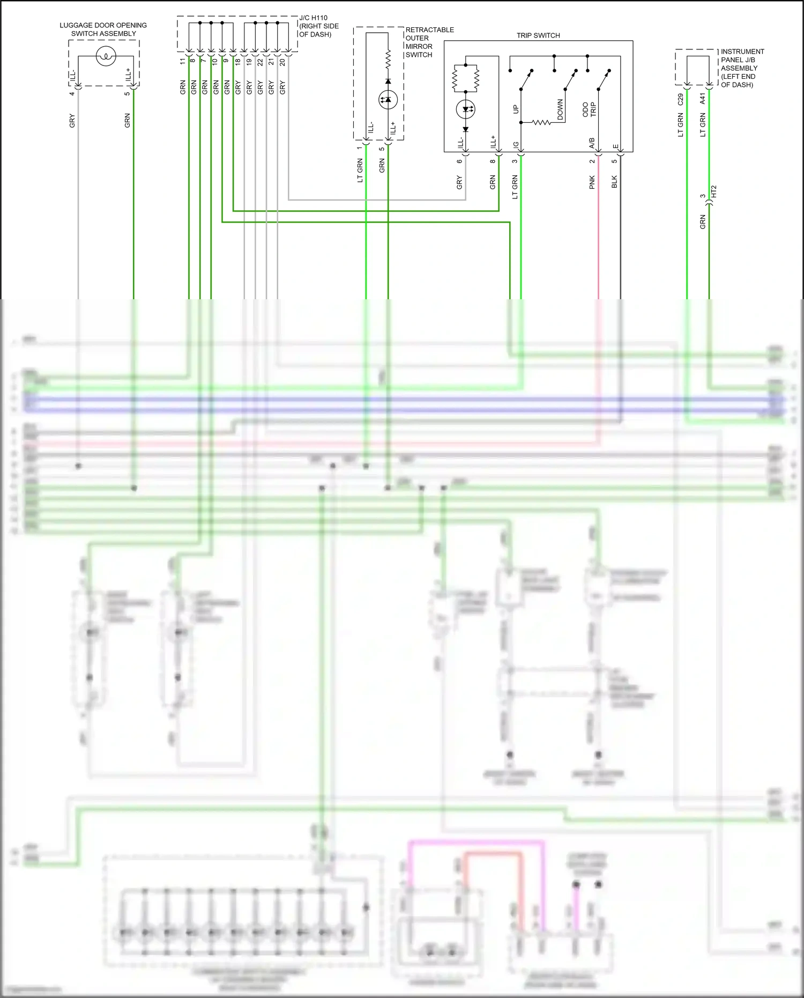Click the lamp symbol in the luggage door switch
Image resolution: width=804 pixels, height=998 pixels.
106,56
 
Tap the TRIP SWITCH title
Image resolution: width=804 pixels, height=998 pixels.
538,35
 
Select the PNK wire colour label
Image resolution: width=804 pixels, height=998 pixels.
592,182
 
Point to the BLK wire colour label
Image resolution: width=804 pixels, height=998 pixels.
614,182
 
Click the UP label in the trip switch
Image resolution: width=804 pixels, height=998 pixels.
516,109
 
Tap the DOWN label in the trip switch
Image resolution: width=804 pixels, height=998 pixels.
560,109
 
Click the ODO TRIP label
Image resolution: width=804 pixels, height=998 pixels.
589,109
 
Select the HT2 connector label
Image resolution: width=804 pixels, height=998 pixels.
713,192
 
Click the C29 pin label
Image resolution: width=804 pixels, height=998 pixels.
681,99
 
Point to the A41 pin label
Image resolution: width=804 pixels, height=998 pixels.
703,99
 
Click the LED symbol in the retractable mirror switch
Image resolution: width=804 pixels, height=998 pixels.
388,100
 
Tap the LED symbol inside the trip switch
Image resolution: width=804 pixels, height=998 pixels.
465,109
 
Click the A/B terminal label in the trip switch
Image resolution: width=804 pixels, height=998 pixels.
592,143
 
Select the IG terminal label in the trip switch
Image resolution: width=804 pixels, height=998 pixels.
516,145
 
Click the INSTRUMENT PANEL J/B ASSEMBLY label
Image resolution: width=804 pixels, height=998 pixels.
742,68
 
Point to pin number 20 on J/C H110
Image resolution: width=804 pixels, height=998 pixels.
282,62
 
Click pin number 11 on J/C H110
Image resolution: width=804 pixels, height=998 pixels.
183,62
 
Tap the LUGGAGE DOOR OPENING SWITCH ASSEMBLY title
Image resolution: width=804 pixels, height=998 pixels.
103,29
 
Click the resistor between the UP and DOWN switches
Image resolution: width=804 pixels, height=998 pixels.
541,123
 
